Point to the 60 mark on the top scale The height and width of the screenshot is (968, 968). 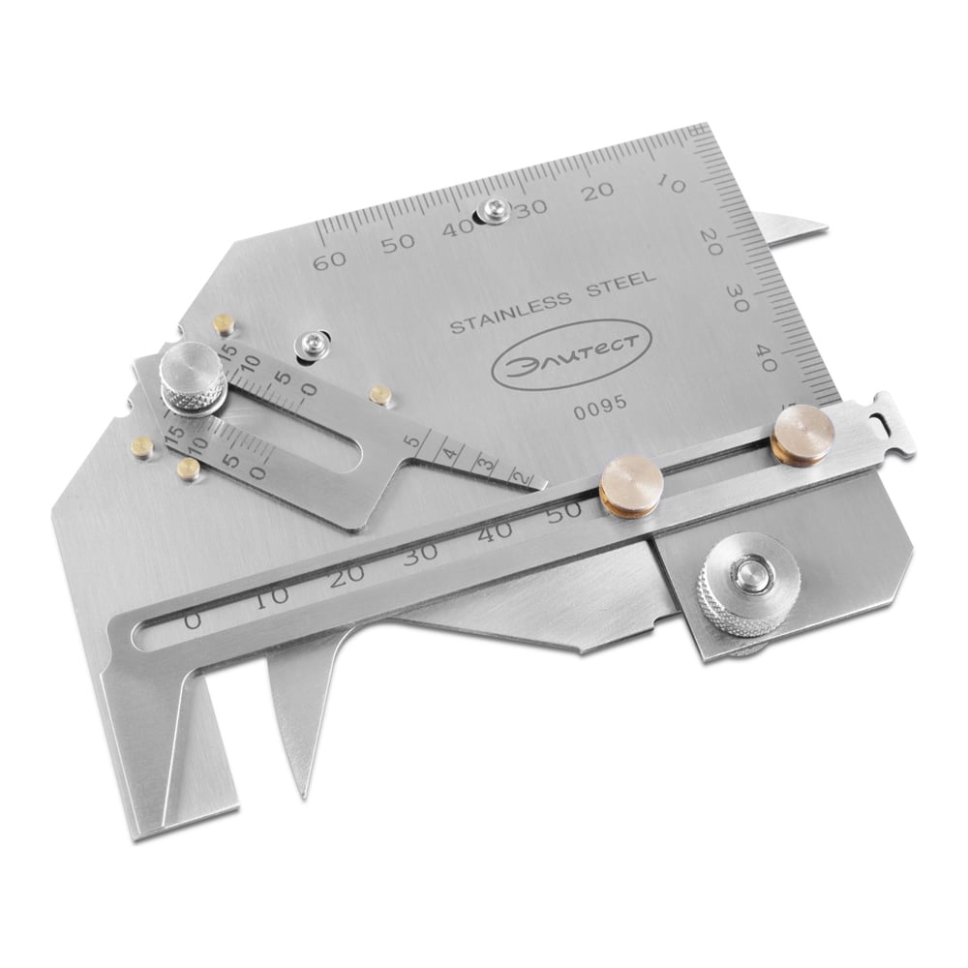point(330,261)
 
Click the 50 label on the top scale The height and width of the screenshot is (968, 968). point(398,243)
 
